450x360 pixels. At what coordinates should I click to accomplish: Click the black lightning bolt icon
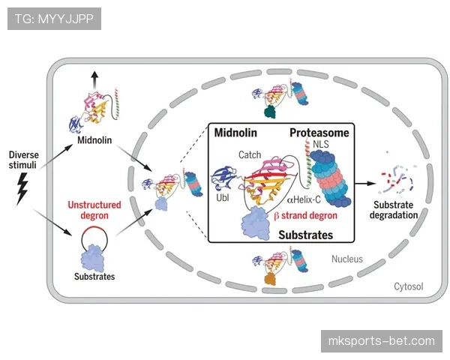pos(22,190)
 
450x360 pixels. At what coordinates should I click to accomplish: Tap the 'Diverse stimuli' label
pos(24,160)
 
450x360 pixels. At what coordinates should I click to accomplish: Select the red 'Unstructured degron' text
pos(94,209)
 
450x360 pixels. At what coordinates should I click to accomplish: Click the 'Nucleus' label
pos(347,259)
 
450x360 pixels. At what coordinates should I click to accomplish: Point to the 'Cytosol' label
pos(409,286)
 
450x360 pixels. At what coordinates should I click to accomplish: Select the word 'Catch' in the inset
pos(249,154)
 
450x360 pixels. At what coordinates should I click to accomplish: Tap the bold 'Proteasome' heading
pos(319,133)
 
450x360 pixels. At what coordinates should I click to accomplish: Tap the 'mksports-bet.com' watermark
pos(381,341)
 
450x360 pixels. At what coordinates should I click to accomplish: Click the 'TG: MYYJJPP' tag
pos(54,18)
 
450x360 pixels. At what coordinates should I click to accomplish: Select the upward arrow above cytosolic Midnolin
pos(93,79)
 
